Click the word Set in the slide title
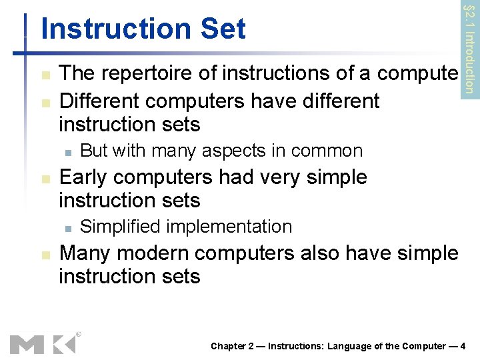pyautogui.click(x=225, y=29)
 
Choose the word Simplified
pyautogui.click(x=120, y=227)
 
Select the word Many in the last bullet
pyautogui.click(x=84, y=253)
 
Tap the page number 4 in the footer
pyautogui.click(x=463, y=345)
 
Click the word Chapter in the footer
pyautogui.click(x=229, y=345)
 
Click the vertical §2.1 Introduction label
pyautogui.click(x=470, y=48)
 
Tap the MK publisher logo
pyautogui.click(x=42, y=344)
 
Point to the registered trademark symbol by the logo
pyautogui.click(x=79, y=333)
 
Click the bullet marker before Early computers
pyautogui.click(x=45, y=179)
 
